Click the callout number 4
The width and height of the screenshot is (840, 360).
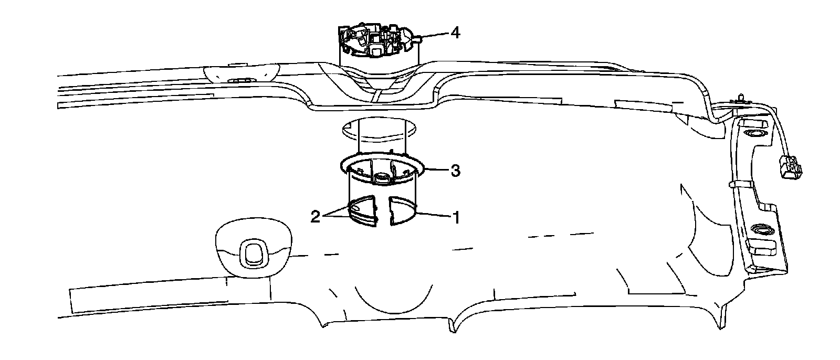pyautogui.click(x=455, y=33)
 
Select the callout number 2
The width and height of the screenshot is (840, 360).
pyautogui.click(x=316, y=216)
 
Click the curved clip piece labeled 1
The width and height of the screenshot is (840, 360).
pyautogui.click(x=404, y=210)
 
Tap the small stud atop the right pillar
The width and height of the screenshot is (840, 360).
pyautogui.click(x=740, y=97)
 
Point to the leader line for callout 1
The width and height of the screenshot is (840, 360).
pyautogui.click(x=433, y=214)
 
